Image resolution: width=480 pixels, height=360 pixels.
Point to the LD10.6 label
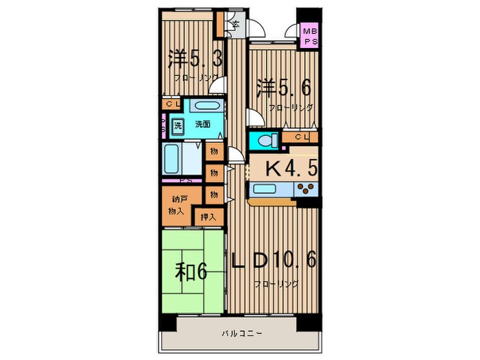(x=273, y=262)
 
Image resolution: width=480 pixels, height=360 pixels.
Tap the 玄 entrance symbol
(x=235, y=25)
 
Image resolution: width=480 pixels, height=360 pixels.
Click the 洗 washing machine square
(x=178, y=125)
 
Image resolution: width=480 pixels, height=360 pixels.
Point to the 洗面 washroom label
(x=202, y=125)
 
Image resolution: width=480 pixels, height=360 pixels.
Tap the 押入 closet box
(x=208, y=217)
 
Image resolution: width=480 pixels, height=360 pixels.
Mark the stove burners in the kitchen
(x=304, y=190)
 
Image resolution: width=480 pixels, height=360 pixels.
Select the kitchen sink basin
(x=264, y=190)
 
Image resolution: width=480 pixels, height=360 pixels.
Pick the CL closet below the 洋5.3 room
(x=171, y=104)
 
